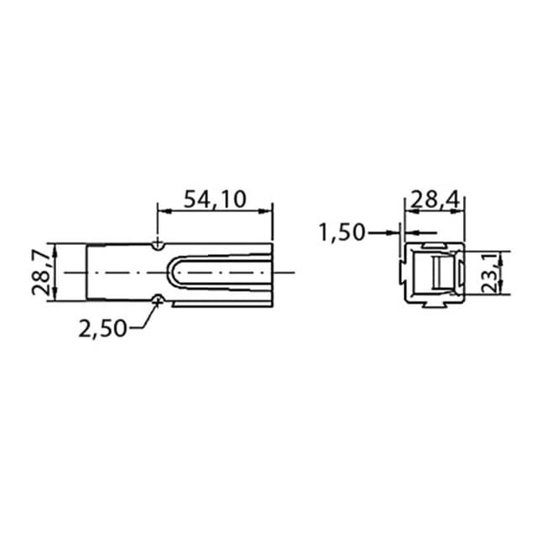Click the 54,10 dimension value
pos(214,199)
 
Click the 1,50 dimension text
pos(342,232)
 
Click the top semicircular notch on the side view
pos(159,246)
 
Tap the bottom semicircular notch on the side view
pos(159,298)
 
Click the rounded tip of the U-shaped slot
pos(171,272)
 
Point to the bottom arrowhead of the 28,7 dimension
pos(55,296)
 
